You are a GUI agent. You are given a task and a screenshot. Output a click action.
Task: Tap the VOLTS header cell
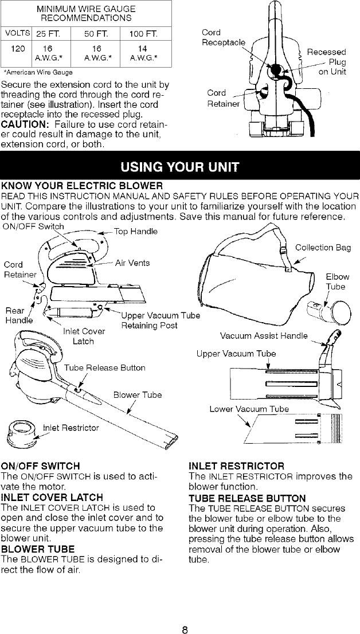[13, 32]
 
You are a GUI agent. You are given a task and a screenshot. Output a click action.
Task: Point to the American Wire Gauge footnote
[38, 72]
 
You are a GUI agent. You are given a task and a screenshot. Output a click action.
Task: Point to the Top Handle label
[132, 232]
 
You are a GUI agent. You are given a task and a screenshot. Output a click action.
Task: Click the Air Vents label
[132, 263]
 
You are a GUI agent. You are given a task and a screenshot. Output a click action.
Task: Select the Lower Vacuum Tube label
[249, 409]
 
